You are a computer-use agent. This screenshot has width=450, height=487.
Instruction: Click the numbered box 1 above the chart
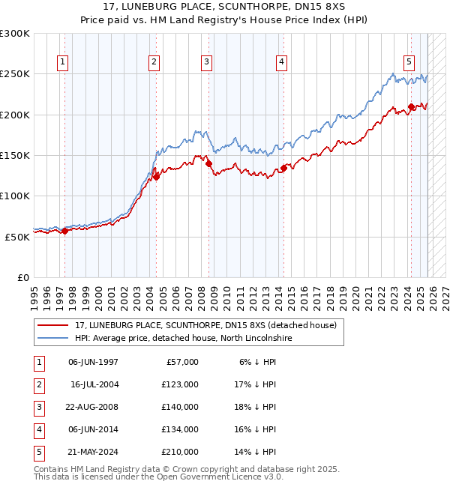coord(61,62)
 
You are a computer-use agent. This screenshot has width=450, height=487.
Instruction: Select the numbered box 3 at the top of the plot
coord(206,62)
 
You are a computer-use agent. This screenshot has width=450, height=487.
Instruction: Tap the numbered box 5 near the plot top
coord(409,62)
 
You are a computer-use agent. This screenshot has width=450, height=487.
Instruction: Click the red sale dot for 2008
coord(209,164)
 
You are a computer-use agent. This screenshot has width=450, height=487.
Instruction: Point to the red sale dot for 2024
coord(411,107)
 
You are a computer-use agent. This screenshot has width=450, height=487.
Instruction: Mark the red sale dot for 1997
coord(64,231)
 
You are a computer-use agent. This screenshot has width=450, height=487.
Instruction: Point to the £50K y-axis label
coord(17,236)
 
